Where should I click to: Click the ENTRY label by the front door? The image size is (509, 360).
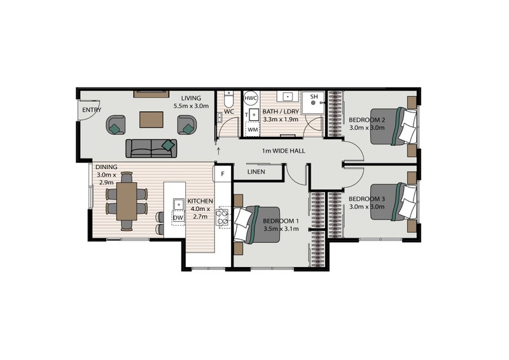tap(92, 110)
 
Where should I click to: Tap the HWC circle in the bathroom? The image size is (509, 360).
tap(251, 98)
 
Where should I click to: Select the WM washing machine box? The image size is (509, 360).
tap(253, 130)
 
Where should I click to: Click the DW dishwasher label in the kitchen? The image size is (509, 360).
tap(178, 218)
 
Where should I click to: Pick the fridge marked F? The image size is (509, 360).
tap(222, 174)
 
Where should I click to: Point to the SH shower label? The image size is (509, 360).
tap(314, 97)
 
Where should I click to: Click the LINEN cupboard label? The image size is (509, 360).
tap(256, 172)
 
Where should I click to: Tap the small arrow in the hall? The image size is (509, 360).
tap(218, 151)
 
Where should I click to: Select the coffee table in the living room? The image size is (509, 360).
tap(151, 120)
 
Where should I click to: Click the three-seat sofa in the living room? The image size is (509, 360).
tap(151, 149)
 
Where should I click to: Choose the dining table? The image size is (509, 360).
tap(127, 201)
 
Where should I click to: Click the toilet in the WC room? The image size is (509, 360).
tap(229, 99)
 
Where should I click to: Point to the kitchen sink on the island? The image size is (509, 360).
tap(179, 205)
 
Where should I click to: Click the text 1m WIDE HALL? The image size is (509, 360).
tap(284, 151)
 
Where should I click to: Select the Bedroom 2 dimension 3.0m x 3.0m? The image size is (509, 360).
tap(367, 128)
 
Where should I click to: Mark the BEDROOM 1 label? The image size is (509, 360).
tap(281, 221)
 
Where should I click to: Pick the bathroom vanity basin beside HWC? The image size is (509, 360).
tap(288, 97)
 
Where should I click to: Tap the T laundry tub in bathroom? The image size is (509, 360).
tap(253, 115)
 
